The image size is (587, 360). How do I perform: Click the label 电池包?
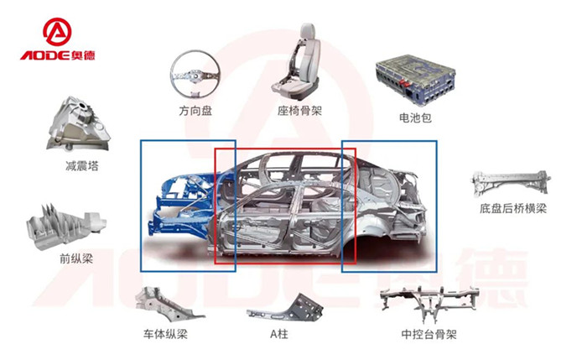(x=416, y=118)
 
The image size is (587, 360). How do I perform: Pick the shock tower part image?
(x=81, y=125)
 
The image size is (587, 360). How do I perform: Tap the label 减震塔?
(x=81, y=165)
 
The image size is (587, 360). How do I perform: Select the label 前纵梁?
(x=76, y=258)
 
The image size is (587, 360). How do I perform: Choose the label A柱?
(x=279, y=334)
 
